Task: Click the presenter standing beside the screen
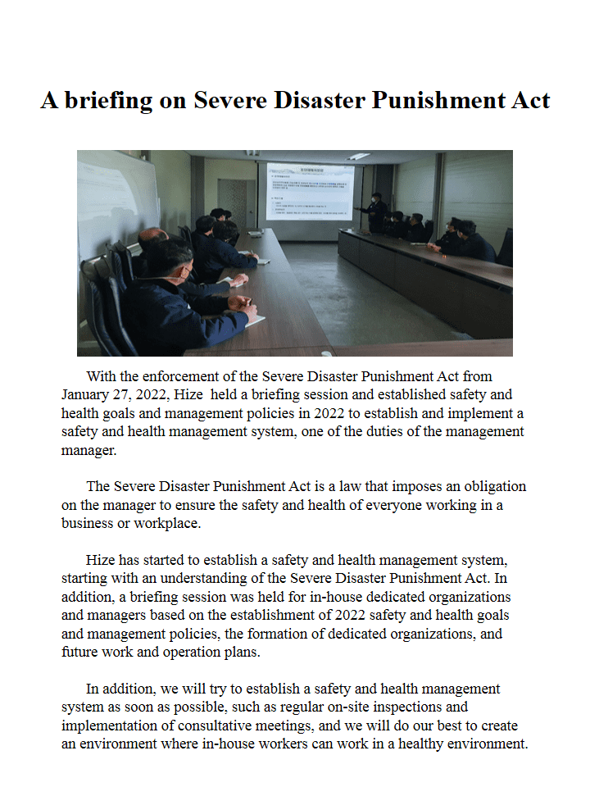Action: tap(375, 212)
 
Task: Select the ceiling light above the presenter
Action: tap(359, 156)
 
